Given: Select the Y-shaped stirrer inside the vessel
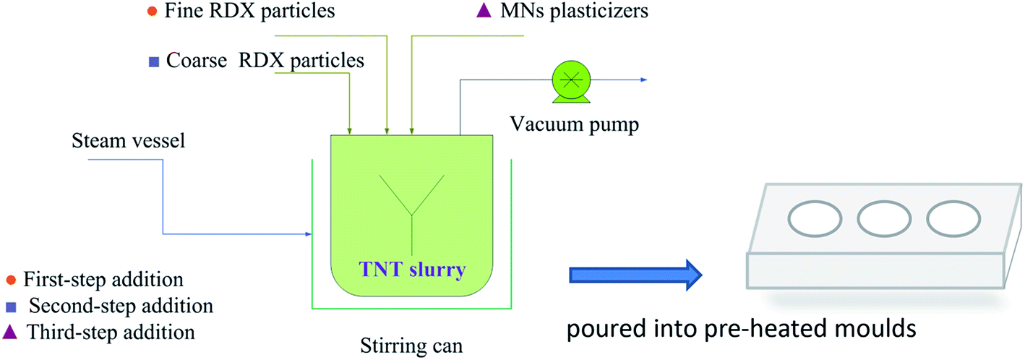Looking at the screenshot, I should pyautogui.click(x=413, y=210).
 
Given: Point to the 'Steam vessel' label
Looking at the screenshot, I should pyautogui.click(x=129, y=140).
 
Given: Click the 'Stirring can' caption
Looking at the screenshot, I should pyautogui.click(x=411, y=346).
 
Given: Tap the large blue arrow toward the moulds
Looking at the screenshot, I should pyautogui.click(x=637, y=275).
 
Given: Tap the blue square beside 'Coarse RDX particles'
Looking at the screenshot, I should pyautogui.click(x=153, y=62).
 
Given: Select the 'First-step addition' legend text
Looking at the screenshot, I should pyautogui.click(x=103, y=279).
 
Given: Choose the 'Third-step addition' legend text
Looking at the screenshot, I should pyautogui.click(x=110, y=333).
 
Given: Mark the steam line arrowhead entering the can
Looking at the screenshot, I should pyautogui.click(x=308, y=233).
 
